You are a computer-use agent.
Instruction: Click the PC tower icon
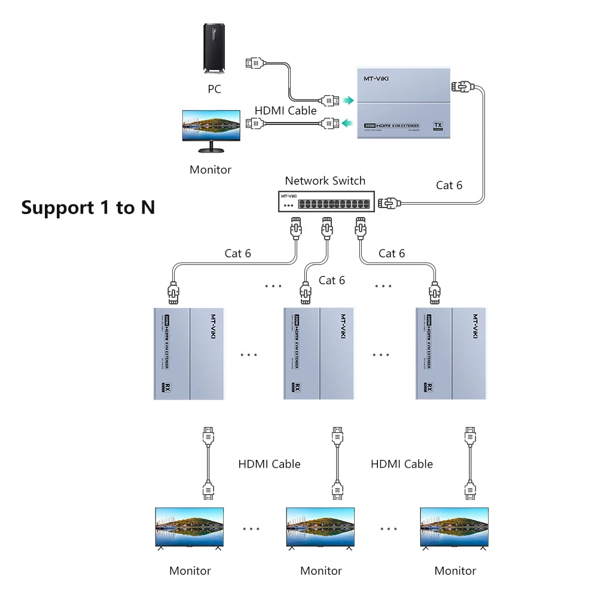point(215,49)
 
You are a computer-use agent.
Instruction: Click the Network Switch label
point(325,181)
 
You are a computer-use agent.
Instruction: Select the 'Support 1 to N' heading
point(88,208)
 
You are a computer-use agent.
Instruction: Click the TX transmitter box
point(404,103)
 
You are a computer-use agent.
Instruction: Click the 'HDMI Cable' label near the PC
point(286,111)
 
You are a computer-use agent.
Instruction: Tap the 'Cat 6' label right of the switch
point(449,185)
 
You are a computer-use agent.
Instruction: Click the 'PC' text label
point(214,89)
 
